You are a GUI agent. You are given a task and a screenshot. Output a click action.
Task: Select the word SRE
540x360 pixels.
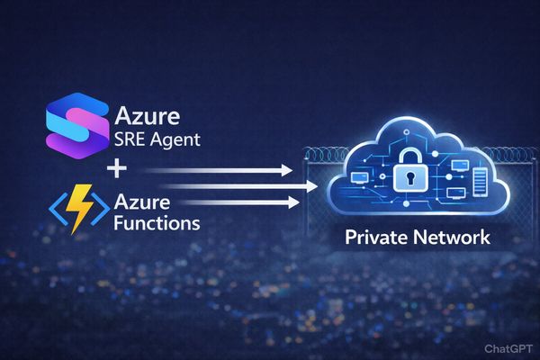(131, 141)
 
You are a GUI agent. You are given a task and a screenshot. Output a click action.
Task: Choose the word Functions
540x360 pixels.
(157, 222)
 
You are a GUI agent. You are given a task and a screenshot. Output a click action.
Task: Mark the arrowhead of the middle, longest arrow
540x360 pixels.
(314, 186)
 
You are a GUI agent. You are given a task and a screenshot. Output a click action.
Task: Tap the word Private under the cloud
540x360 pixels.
(375, 238)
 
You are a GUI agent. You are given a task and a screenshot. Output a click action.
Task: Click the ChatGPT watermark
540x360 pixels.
(508, 347)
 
